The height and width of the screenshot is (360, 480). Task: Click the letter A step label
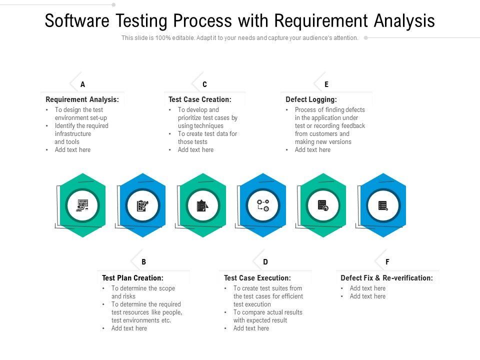(x=83, y=84)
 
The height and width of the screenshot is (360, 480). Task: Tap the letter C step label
(x=204, y=84)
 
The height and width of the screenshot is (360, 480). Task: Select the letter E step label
(x=326, y=84)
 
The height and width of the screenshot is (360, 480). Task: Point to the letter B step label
(x=144, y=261)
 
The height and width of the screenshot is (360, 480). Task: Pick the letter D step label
(x=265, y=261)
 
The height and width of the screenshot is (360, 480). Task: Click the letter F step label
(x=387, y=261)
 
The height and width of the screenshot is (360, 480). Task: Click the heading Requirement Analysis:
(x=82, y=99)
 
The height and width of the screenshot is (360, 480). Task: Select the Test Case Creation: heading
(x=200, y=99)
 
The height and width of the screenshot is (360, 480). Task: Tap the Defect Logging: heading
(x=311, y=99)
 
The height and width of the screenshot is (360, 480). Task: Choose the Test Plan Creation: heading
(x=132, y=278)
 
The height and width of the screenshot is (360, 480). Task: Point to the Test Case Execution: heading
(x=257, y=278)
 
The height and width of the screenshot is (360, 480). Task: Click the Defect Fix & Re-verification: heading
(x=386, y=278)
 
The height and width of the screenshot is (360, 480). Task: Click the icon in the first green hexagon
(x=82, y=205)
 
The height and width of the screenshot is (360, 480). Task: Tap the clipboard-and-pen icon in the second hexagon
(x=142, y=205)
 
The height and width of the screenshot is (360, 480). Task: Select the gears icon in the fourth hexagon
(x=263, y=205)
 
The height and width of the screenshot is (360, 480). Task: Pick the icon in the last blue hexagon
(x=383, y=205)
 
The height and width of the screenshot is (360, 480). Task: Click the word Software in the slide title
(x=77, y=21)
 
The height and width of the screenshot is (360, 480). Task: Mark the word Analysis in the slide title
(x=404, y=21)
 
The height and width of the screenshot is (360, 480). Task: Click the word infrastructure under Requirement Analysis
(x=73, y=134)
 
